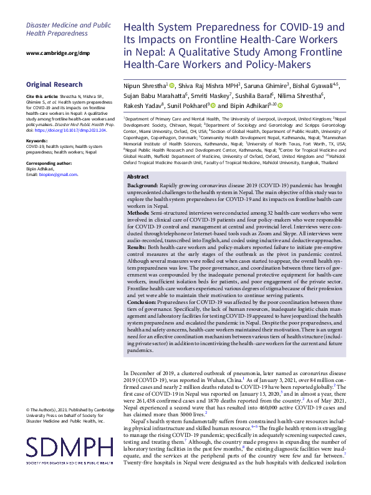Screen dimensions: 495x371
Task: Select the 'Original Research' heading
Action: point(54,85)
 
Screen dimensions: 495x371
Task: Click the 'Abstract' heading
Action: point(139,177)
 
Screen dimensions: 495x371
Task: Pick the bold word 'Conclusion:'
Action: point(143,301)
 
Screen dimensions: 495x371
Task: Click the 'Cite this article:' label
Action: point(42,97)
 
